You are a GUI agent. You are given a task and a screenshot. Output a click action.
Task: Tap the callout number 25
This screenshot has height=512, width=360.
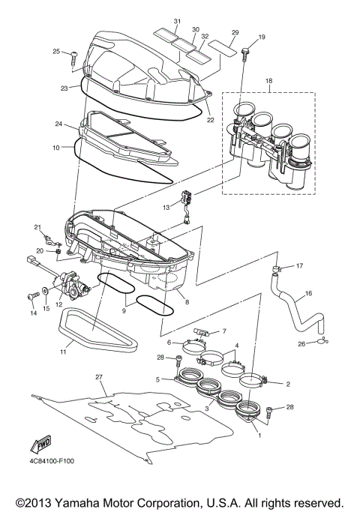[55, 51]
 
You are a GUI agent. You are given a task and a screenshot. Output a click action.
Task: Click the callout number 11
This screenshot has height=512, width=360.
[62, 351]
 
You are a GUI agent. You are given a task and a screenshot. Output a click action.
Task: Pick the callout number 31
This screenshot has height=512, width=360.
[177, 20]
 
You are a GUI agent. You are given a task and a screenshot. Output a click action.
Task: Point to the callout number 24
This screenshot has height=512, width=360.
[79, 124]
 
